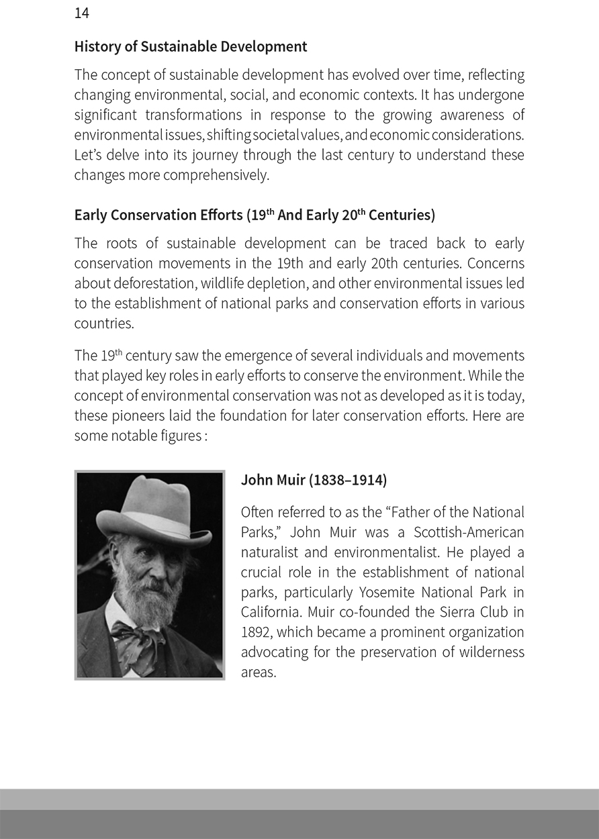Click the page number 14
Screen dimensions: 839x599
81,13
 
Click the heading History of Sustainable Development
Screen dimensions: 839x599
191,47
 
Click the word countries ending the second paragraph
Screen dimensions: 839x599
103,324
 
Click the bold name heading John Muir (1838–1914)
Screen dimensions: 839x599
314,481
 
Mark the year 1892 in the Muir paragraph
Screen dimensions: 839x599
256,633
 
